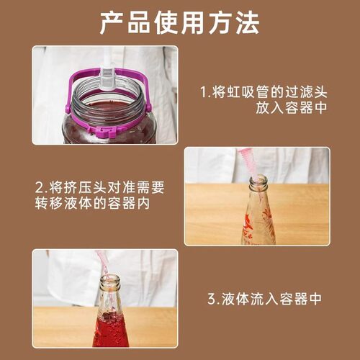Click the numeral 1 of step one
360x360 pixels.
204,92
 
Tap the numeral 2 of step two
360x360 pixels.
41,188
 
